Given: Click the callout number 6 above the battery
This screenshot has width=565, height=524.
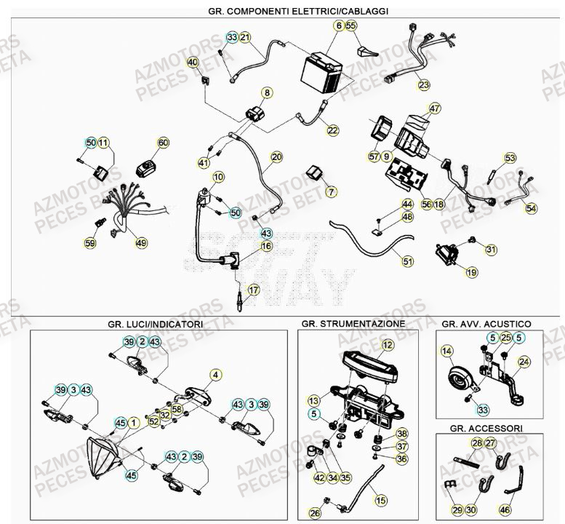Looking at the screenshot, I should click(x=340, y=26).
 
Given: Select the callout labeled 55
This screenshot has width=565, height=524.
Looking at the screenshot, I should click(x=352, y=26).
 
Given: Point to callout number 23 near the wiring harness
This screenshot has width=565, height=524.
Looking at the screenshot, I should click(x=424, y=85).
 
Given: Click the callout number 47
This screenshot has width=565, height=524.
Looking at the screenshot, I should click(x=435, y=109).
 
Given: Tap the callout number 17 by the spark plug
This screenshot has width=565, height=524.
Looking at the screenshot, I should click(x=253, y=290).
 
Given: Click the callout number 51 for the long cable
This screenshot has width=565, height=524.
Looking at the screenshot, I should click(x=407, y=261).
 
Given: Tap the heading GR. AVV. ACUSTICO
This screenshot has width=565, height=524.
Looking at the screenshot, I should click(x=486, y=323).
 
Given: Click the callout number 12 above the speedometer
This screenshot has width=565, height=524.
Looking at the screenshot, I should click(x=388, y=344).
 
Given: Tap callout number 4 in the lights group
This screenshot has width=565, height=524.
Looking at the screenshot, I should click(x=215, y=375).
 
